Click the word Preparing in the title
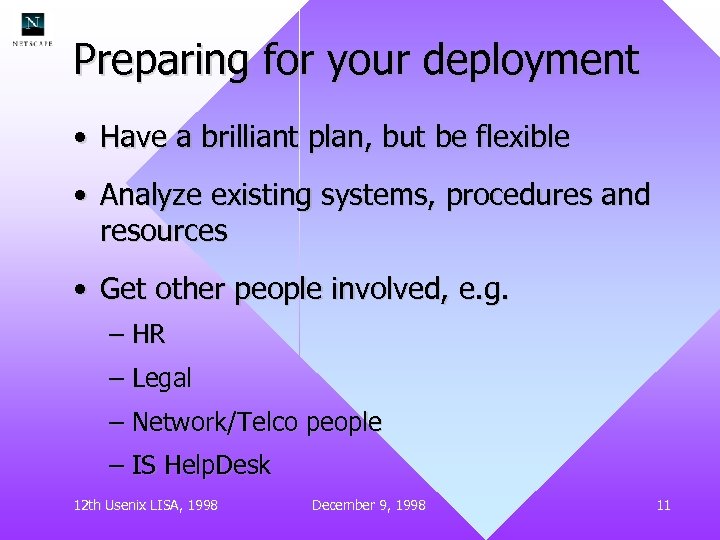click(160, 61)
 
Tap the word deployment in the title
click(530, 61)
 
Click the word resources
click(164, 231)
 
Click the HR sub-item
click(148, 335)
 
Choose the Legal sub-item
click(161, 379)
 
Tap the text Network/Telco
click(215, 422)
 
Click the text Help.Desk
click(217, 465)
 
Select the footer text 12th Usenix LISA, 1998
click(146, 505)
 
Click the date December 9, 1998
click(368, 505)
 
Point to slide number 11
click(663, 505)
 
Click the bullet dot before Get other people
click(79, 290)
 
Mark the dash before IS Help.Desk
click(116, 466)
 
